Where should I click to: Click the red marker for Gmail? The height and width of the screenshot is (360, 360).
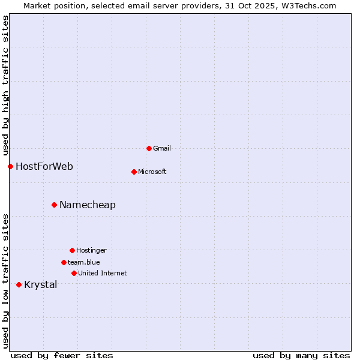tap(149, 148)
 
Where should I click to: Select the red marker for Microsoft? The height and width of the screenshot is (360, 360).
tap(134, 172)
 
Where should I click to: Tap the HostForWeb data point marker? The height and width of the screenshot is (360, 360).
tap(10, 166)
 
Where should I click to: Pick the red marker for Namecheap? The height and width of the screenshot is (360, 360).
tap(54, 205)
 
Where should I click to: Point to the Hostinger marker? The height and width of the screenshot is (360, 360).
tap(72, 250)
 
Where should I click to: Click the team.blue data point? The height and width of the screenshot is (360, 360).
tap(64, 262)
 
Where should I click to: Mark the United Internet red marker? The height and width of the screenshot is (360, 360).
tap(74, 273)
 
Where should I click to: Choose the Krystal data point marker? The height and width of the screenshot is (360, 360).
tap(19, 284)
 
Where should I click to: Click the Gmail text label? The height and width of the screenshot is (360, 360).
tap(162, 148)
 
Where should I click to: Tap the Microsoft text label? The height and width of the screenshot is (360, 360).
tap(152, 172)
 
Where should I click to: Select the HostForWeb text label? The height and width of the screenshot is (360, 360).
tap(44, 166)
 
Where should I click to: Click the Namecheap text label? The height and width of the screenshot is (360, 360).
tap(88, 205)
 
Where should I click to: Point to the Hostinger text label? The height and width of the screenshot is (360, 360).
tap(91, 250)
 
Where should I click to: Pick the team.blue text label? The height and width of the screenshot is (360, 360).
tap(84, 262)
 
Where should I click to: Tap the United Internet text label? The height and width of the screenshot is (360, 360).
tap(103, 273)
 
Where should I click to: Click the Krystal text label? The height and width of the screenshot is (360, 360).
tap(41, 284)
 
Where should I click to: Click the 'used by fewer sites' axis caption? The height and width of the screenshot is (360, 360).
tap(62, 355)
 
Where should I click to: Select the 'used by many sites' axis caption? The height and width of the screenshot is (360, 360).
tap(301, 355)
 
